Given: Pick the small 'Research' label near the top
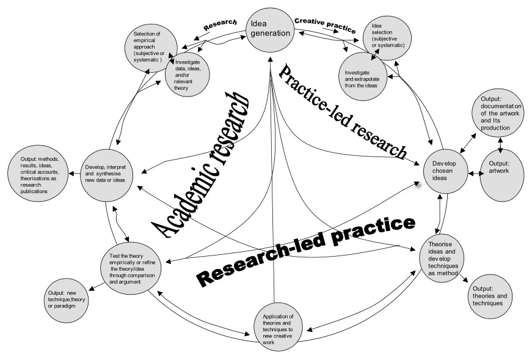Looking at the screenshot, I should coord(219,25).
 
